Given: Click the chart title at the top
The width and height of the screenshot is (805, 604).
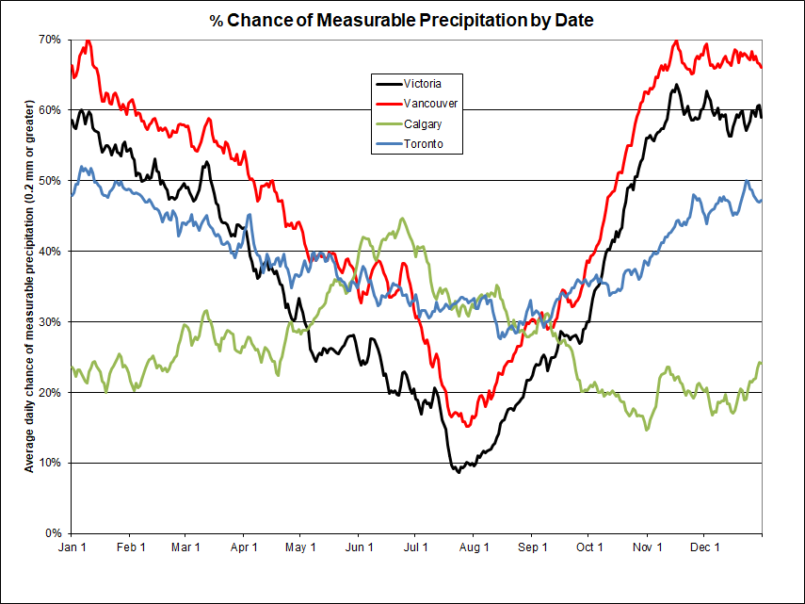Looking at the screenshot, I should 402,20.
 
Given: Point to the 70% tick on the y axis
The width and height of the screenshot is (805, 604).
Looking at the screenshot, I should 50,40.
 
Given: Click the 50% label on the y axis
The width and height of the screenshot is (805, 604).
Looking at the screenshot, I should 50,180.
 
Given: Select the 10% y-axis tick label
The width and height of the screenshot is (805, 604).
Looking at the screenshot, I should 50,463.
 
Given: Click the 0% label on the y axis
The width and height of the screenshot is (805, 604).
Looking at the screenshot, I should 53,533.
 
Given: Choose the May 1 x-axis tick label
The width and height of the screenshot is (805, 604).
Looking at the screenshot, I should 301,547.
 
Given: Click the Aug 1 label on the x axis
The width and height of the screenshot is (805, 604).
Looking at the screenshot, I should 475,547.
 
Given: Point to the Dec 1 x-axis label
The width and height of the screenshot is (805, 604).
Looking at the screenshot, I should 704,547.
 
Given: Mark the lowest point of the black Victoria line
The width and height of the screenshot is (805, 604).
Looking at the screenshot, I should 459,471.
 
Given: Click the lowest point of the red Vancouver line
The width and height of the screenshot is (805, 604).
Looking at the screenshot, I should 468,427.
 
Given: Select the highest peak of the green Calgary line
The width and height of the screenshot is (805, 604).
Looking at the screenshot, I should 402,219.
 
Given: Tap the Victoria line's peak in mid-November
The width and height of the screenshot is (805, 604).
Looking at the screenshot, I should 676,85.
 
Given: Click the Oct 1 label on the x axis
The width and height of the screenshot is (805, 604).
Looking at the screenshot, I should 590,547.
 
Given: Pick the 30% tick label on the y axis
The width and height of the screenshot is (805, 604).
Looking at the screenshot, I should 50,321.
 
